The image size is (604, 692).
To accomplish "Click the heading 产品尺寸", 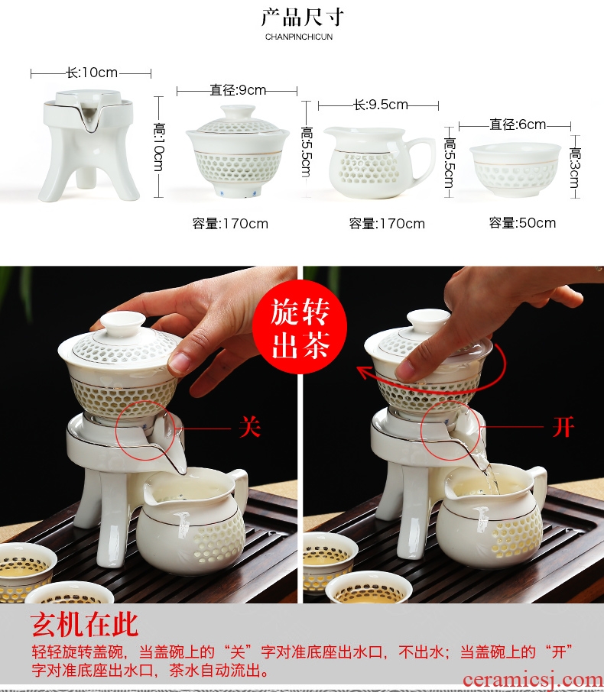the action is [302, 18].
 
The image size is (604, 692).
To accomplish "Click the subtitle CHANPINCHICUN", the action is [299, 37].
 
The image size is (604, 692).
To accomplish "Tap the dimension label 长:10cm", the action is [92, 73].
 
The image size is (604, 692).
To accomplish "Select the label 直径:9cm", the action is [238, 90].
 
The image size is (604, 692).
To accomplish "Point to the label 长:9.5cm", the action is [381, 105].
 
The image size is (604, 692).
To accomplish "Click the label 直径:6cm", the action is [518, 124].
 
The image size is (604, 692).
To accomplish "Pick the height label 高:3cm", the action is [575, 168].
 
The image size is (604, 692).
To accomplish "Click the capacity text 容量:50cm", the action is [522, 223].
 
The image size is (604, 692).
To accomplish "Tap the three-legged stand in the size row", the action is [88, 145].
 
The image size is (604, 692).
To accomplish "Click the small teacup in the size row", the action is [515, 170].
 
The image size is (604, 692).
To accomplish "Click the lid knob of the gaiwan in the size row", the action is [238, 112].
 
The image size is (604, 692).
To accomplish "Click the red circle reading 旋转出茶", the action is [300, 327].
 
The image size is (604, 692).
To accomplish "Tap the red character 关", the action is [250, 427].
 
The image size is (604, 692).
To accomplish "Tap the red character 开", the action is [563, 426].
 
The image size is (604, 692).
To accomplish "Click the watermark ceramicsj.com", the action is [533, 680].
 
